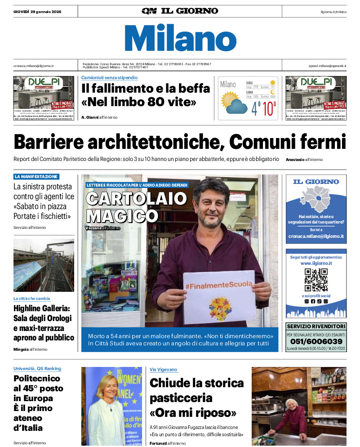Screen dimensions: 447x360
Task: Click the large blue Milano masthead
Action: pos(180,38)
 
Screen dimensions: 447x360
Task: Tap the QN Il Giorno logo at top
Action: pos(180,11)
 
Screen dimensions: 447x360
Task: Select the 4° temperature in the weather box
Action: pos(256,109)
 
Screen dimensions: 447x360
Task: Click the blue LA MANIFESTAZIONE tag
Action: pos(36,177)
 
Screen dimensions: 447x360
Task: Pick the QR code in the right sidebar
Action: pos(316,280)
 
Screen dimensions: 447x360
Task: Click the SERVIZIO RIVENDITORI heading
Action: pos(316,326)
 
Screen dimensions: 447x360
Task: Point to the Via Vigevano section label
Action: pos(164,370)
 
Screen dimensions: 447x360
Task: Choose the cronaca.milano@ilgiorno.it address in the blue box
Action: pos(316,236)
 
